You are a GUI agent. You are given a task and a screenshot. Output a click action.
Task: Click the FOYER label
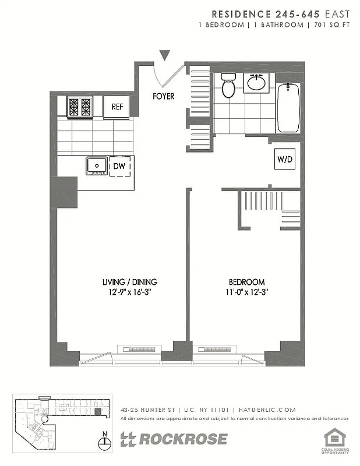(163, 96)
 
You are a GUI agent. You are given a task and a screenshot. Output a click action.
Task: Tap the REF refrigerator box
(117, 107)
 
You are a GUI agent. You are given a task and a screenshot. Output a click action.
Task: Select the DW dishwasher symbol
(120, 167)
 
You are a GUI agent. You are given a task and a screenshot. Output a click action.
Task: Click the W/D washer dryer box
(284, 159)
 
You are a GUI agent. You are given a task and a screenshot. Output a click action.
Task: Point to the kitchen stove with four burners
(80, 107)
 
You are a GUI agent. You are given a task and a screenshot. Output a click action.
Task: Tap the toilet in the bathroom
(228, 87)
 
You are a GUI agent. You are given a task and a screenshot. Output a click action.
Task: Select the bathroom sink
(257, 83)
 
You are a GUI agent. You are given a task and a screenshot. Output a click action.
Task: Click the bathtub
(288, 108)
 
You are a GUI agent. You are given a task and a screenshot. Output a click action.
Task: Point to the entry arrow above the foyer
(165, 56)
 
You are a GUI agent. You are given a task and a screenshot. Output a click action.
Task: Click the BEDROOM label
(246, 282)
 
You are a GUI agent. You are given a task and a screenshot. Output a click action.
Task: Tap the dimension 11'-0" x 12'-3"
(246, 292)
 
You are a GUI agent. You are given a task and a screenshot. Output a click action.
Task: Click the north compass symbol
(104, 442)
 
